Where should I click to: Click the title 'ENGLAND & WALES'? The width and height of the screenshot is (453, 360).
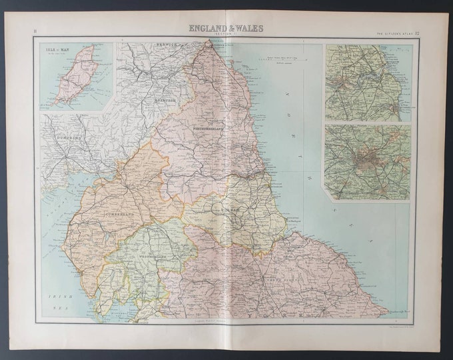(226, 28)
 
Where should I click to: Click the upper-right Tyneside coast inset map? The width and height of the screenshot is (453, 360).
(367, 83)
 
